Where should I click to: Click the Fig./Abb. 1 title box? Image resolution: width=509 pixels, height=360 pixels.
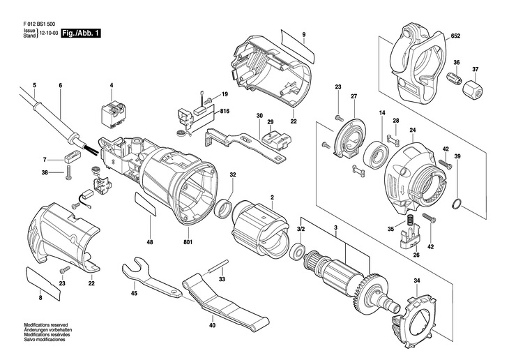point(82,33)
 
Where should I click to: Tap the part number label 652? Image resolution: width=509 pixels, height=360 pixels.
point(455,36)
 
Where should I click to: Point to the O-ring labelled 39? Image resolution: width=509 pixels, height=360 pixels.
point(457,204)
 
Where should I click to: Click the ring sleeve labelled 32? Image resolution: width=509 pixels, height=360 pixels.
point(225,209)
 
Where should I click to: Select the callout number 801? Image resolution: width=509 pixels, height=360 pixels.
point(188,242)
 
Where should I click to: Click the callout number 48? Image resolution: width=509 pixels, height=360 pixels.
point(150,242)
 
